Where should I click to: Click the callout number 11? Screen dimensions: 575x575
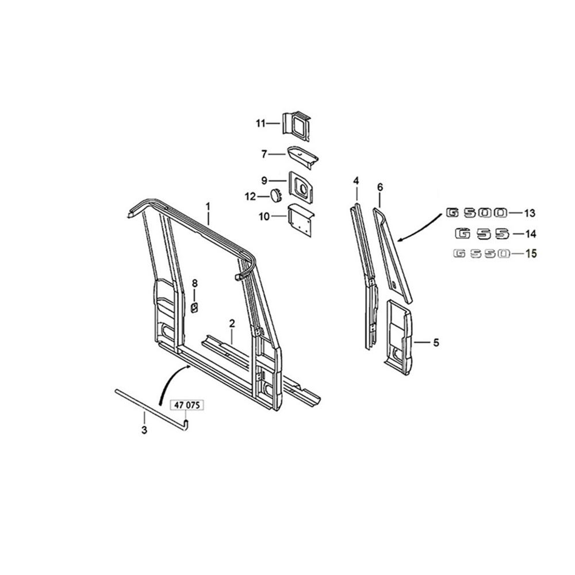coord(260,124)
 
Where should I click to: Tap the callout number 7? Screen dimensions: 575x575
coord(264,154)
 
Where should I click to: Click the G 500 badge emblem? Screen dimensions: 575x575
coord(477,213)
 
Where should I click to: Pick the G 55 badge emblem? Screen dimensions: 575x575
coord(482,233)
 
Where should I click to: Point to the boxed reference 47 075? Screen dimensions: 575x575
coord(187,405)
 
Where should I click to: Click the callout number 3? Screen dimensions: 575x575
coord(144,430)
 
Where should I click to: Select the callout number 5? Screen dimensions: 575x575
coord(436,343)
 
